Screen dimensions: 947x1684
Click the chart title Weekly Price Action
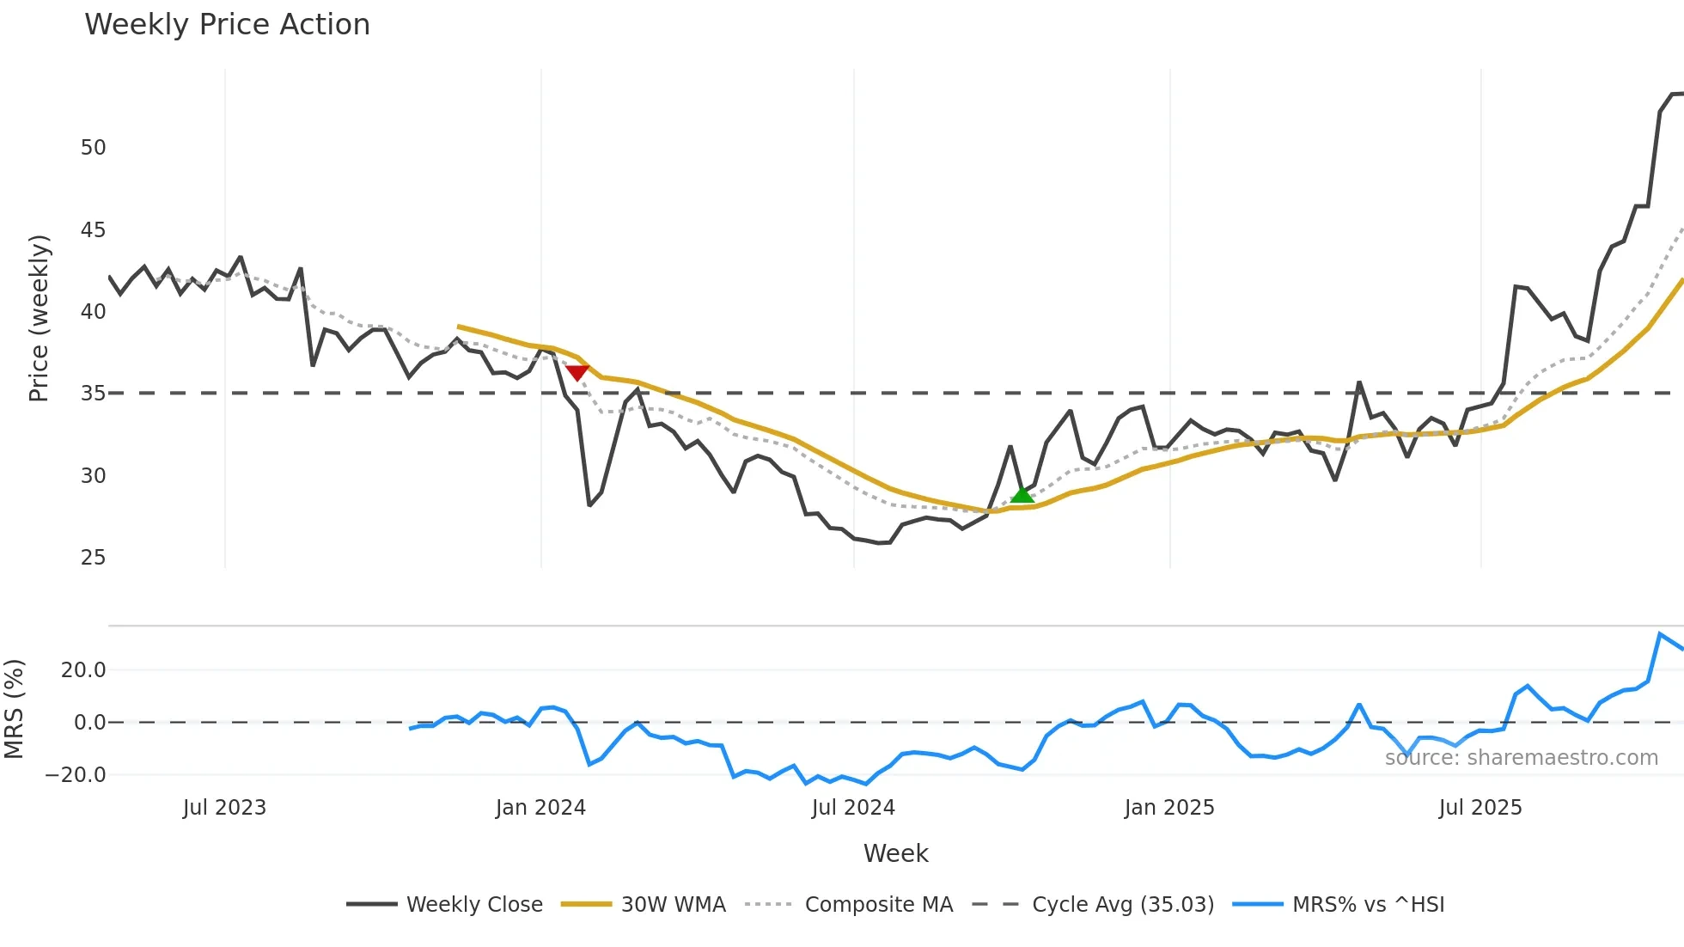point(227,25)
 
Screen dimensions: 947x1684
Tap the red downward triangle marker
point(577,372)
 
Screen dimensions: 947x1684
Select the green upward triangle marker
point(1022,494)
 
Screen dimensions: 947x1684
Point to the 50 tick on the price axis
point(93,148)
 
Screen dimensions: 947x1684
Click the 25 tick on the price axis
point(93,558)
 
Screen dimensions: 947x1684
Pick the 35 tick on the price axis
point(93,394)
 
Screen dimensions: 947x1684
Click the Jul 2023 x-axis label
point(224,808)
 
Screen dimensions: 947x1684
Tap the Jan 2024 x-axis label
point(540,808)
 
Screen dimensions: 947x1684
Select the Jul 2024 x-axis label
point(853,808)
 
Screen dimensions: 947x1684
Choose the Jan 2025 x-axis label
point(1169,808)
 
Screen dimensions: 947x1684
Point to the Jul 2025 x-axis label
point(1480,808)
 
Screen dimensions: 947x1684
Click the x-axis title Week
point(895,853)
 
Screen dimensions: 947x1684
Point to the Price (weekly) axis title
point(39,318)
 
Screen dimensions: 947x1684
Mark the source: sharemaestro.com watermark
point(1521,758)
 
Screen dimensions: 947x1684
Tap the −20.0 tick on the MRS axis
point(76,775)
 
